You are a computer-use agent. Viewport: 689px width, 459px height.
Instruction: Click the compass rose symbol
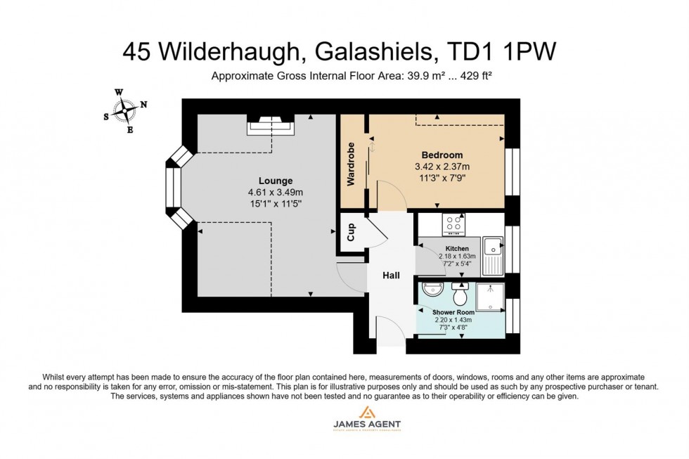[124, 110]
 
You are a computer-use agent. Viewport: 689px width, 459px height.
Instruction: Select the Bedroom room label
[442, 155]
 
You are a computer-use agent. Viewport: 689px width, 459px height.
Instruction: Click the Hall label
[391, 276]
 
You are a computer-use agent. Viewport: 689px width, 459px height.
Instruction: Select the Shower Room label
[453, 312]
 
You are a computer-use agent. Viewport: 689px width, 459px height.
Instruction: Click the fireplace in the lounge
[271, 126]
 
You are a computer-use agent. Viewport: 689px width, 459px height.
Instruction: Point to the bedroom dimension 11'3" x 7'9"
[442, 178]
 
